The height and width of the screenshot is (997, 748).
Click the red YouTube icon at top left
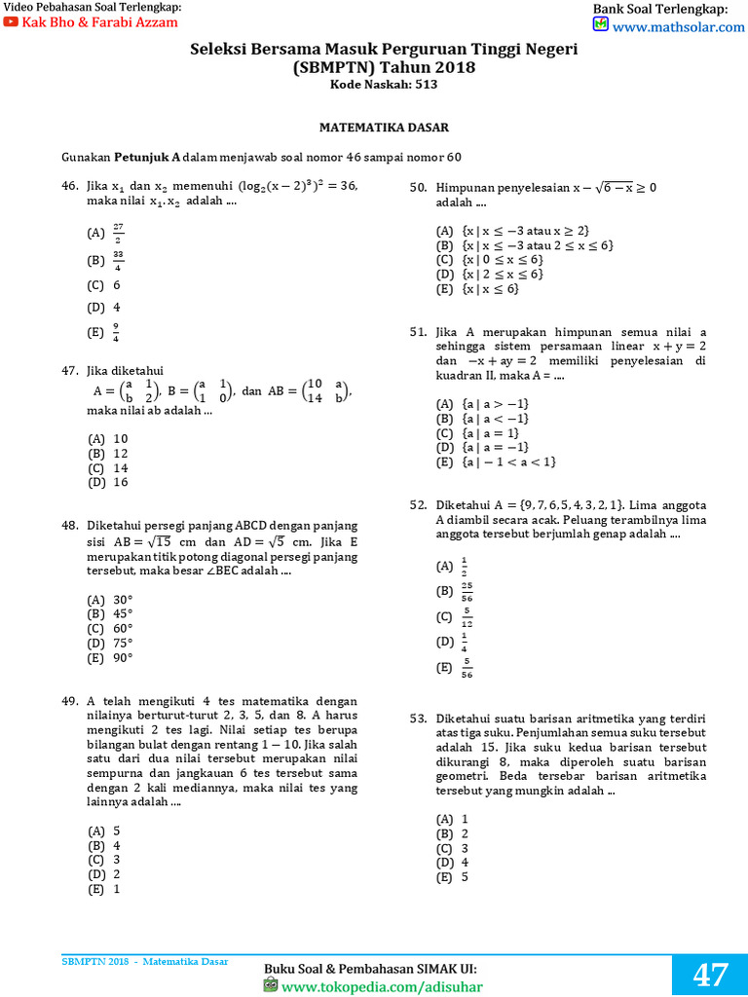(x=11, y=21)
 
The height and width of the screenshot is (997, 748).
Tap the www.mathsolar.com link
(x=678, y=27)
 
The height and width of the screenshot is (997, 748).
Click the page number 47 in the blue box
(x=710, y=975)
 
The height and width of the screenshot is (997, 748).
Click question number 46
(x=69, y=186)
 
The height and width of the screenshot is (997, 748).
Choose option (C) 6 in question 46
(x=104, y=285)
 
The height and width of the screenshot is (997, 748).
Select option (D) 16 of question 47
(x=108, y=482)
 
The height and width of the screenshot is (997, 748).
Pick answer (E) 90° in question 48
(x=110, y=657)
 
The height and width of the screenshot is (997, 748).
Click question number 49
(x=69, y=701)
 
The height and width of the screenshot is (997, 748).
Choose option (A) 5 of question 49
(x=104, y=831)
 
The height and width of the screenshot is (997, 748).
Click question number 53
(x=418, y=719)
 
